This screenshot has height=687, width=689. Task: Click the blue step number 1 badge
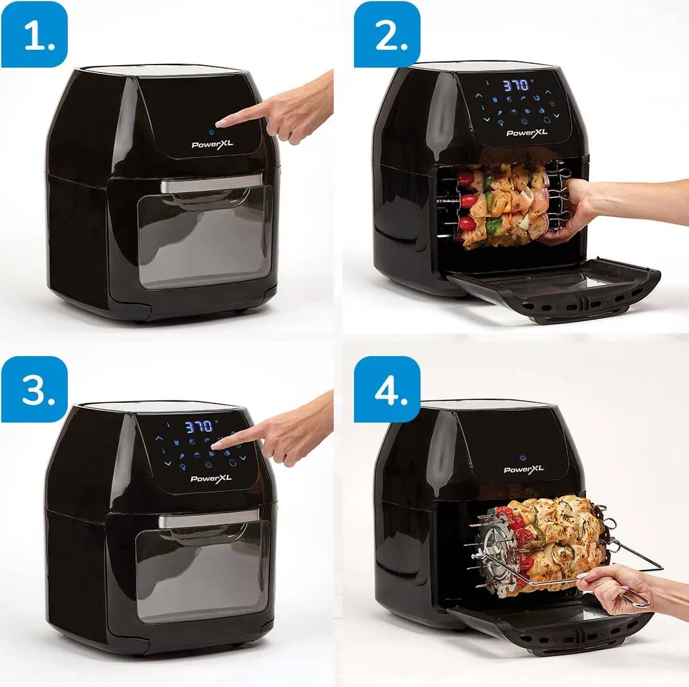point(34,34)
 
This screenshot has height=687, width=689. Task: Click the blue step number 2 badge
point(387,34)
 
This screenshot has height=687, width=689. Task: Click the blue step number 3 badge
point(34,389)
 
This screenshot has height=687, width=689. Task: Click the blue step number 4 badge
point(387,389)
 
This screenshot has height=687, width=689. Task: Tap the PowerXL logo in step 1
point(213,144)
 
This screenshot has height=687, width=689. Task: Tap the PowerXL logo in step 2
point(526,132)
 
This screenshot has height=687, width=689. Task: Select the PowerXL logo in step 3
point(210,479)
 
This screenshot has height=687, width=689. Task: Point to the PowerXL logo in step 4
point(523,469)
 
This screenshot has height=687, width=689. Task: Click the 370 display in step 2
point(515,87)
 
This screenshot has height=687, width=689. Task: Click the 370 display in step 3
point(199,426)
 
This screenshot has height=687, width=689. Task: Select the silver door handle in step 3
point(199,519)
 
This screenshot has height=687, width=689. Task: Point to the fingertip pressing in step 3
point(217,446)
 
